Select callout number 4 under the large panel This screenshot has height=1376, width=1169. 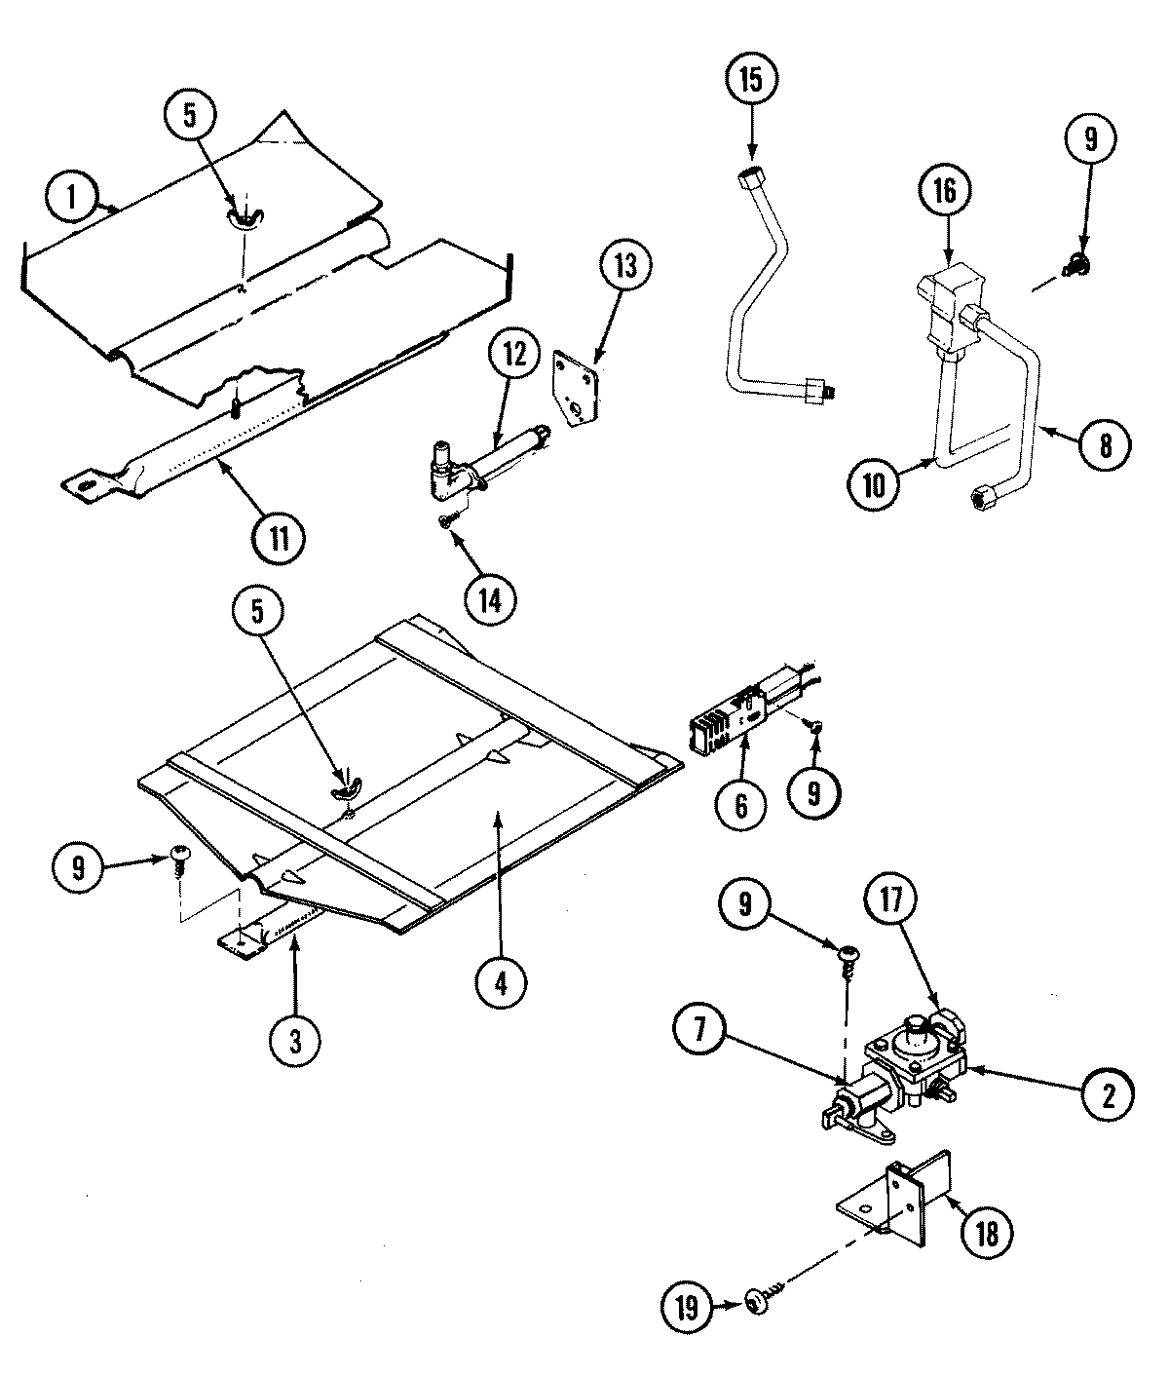(500, 983)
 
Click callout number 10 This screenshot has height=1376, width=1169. (874, 484)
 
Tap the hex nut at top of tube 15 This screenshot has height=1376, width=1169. (751, 180)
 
